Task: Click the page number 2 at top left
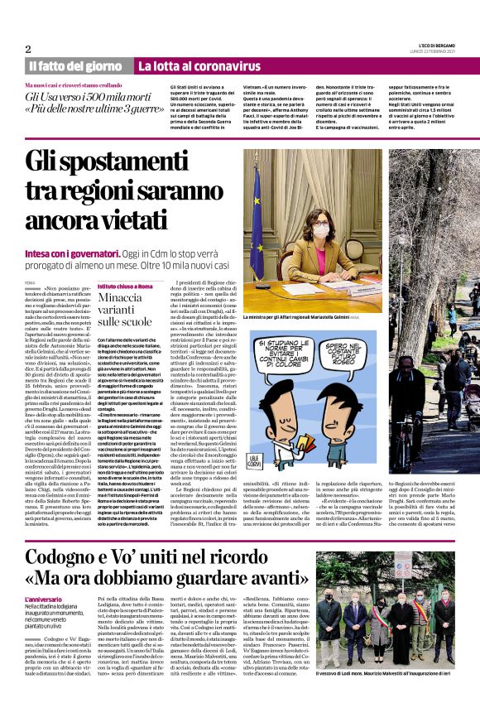click(28, 48)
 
